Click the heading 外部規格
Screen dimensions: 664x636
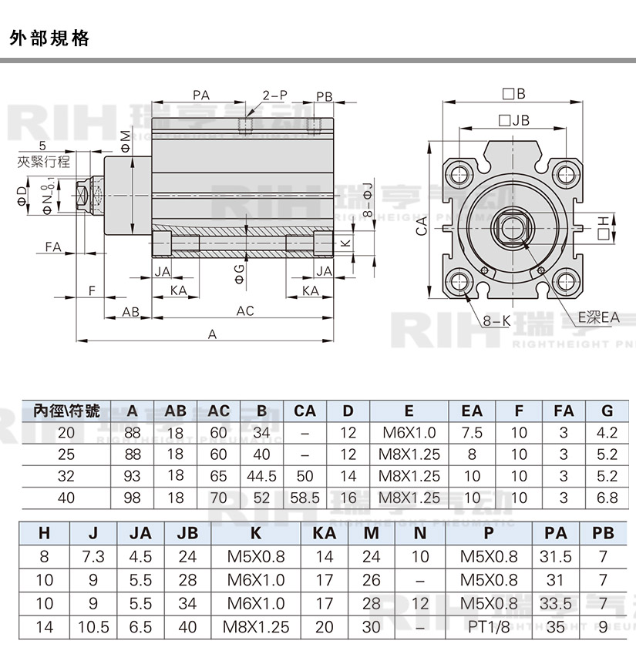point(50,38)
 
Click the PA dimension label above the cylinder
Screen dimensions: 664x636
point(201,96)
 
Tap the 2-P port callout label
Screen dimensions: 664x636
point(274,96)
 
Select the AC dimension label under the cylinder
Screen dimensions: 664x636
point(245,311)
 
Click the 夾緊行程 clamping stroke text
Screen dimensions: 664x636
point(44,162)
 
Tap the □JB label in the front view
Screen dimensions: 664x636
point(514,120)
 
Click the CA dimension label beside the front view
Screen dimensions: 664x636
point(421,226)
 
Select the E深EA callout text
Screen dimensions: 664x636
point(599,317)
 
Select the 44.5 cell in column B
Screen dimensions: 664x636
point(262,476)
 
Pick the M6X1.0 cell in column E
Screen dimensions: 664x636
point(409,433)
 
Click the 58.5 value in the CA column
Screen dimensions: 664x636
point(305,498)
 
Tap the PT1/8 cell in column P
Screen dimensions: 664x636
point(489,627)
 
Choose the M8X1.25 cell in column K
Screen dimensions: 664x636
point(256,627)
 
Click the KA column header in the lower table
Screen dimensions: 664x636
point(325,533)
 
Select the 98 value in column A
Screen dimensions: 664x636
point(133,498)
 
